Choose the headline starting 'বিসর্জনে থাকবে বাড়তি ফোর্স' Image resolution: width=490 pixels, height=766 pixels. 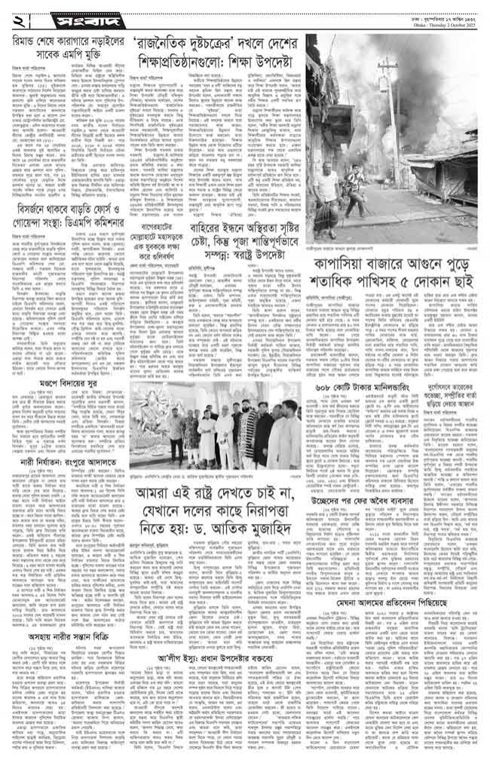72,212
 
